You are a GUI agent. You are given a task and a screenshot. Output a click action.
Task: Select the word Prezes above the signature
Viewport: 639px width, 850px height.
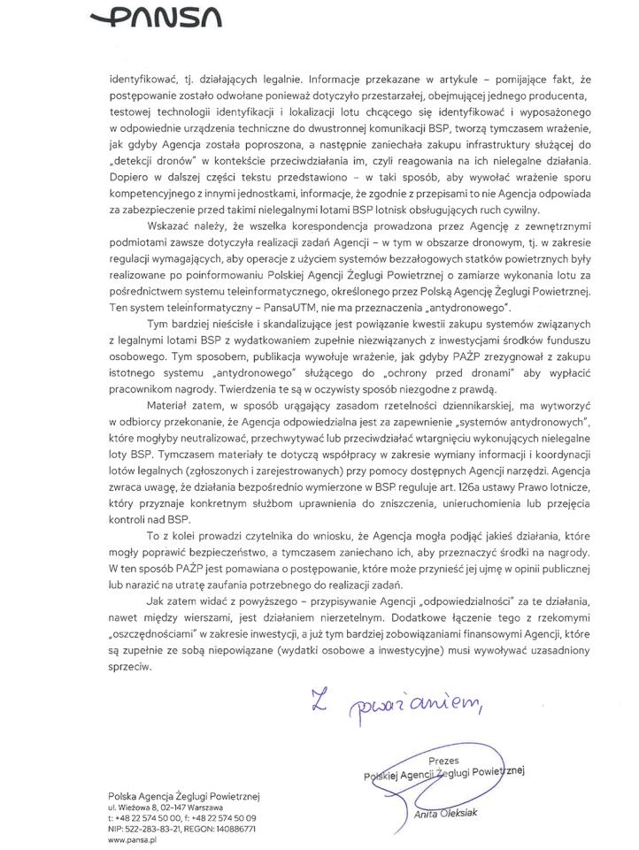(443, 760)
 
